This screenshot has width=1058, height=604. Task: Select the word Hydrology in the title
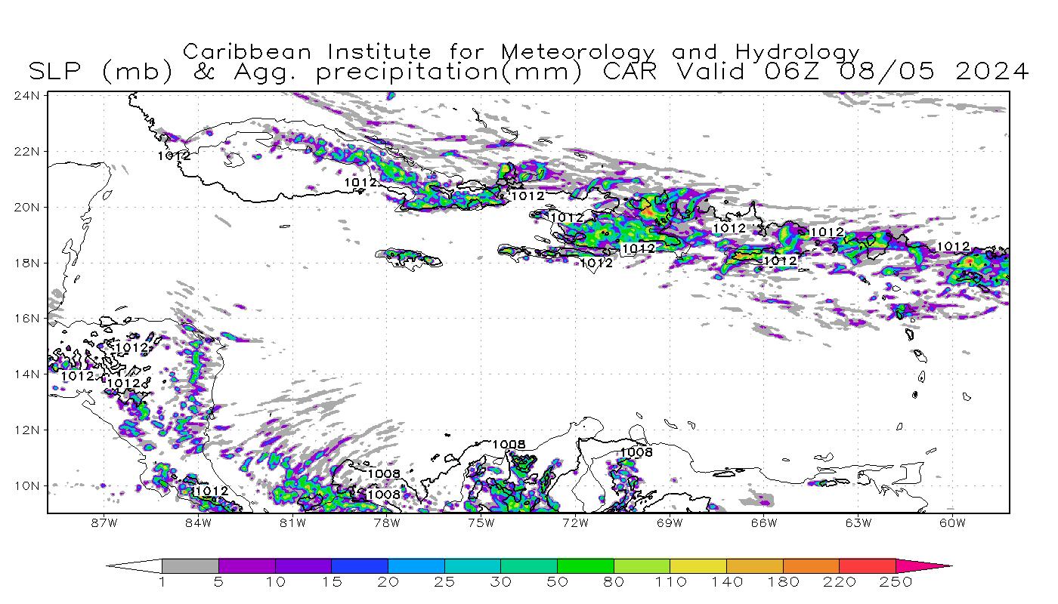pyautogui.click(x=798, y=53)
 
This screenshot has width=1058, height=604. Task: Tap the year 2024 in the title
pyautogui.click(x=992, y=72)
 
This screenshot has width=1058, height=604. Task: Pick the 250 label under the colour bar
pyautogui.click(x=896, y=582)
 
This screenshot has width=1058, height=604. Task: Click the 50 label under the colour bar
pyautogui.click(x=557, y=582)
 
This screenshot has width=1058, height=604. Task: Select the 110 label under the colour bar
pyautogui.click(x=670, y=582)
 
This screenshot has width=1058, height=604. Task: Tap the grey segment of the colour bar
pyautogui.click(x=190, y=565)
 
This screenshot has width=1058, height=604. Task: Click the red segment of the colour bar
pyautogui.click(x=868, y=565)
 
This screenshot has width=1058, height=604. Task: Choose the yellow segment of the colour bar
pyautogui.click(x=698, y=565)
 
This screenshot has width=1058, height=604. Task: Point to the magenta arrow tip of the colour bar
pyautogui.click(x=937, y=565)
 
